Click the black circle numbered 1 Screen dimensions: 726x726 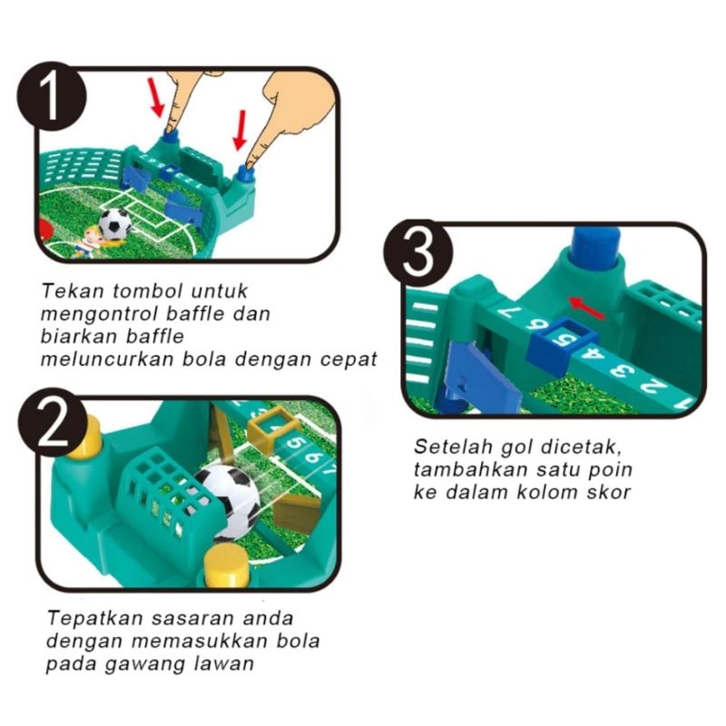tap(51, 96)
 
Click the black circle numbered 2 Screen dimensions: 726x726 tap(53, 423)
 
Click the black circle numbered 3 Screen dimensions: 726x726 tap(418, 254)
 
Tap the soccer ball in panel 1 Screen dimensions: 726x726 tap(115, 224)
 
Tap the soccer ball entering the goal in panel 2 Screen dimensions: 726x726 tap(228, 502)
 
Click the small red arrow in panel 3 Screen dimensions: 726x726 tap(587, 309)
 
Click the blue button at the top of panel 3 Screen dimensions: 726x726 tap(596, 244)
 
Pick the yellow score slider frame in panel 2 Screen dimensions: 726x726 tap(272, 430)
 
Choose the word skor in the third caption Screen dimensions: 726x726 tap(608, 492)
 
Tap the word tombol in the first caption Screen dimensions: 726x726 tap(147, 291)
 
